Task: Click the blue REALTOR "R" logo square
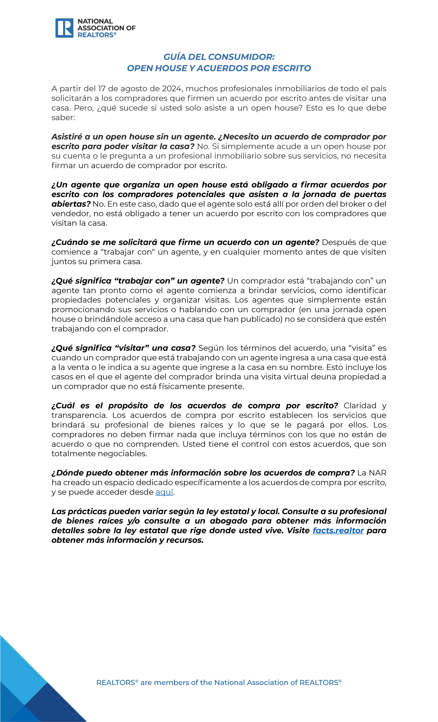(64, 28)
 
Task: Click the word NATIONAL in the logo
(95, 21)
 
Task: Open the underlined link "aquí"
(164, 492)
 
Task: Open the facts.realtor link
(338, 530)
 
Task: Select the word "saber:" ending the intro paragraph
(63, 118)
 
